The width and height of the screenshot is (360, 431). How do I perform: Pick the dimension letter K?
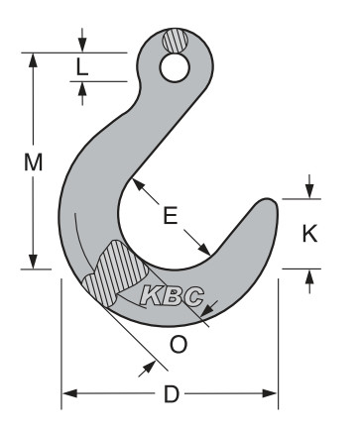pyautogui.click(x=309, y=234)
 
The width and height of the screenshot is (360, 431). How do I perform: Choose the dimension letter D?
pyautogui.click(x=171, y=394)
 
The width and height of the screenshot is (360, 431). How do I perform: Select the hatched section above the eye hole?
pyautogui.click(x=175, y=44)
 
